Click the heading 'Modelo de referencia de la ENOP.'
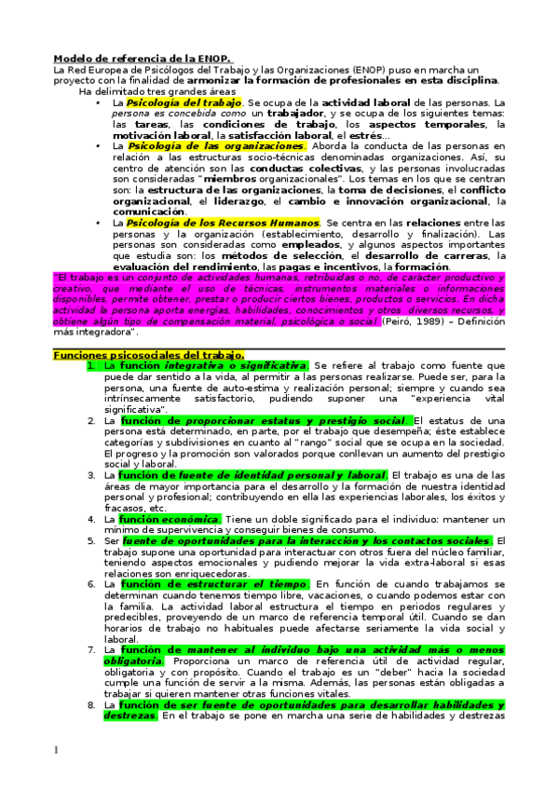(140, 59)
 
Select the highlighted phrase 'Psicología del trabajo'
(184, 102)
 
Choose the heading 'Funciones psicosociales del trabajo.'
(149, 355)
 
